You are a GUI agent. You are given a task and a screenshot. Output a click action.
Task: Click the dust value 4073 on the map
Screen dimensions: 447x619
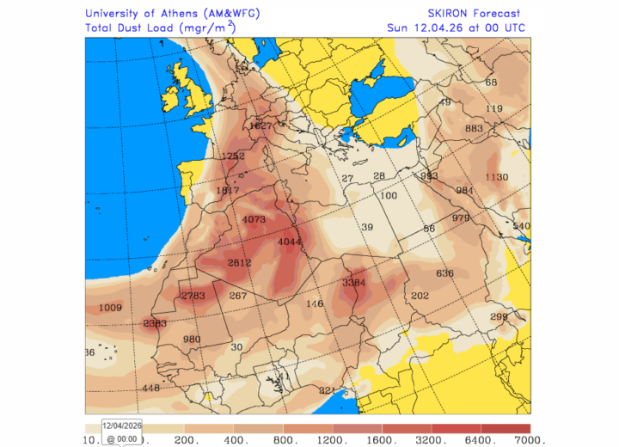254,219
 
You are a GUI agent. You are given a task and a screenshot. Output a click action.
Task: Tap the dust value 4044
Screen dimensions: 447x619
290,242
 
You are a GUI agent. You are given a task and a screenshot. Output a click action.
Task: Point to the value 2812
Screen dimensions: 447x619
239,262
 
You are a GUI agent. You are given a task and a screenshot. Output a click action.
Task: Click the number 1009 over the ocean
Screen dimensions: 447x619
111,308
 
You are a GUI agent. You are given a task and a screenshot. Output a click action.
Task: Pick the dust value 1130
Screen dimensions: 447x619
497,177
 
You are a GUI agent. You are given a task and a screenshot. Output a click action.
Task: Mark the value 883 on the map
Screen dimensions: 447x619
474,128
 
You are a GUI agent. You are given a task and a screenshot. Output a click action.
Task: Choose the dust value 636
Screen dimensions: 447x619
444,273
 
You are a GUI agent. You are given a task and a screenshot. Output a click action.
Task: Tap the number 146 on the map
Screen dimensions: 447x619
315,303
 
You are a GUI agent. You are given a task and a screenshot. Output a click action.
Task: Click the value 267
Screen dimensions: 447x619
238,296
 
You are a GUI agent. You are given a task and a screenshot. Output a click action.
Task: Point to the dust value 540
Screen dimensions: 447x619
521,226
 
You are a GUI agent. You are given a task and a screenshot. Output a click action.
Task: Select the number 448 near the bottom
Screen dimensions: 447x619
151,388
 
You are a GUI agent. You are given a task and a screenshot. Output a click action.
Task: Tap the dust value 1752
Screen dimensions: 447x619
233,156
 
